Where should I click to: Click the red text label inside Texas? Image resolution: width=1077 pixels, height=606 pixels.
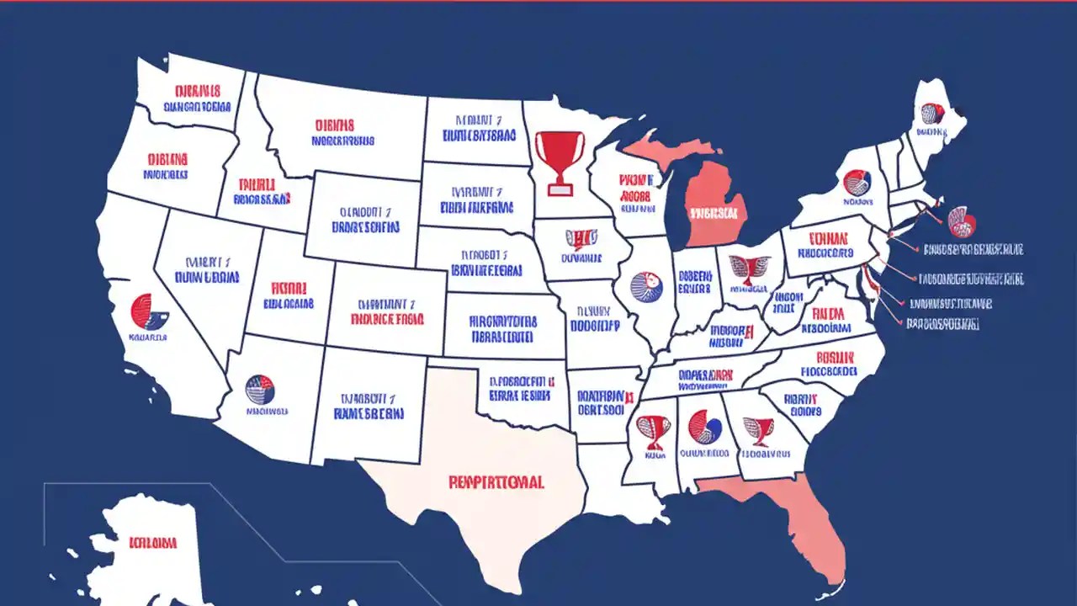click(496, 482)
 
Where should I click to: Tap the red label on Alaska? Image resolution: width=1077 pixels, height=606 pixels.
click(152, 541)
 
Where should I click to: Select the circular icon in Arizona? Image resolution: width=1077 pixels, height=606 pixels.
click(260, 389)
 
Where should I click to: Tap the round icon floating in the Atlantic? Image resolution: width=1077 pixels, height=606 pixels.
click(961, 221)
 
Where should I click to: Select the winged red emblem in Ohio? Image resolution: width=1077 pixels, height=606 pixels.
click(748, 268)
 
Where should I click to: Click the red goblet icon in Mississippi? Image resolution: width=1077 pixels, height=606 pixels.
click(655, 429)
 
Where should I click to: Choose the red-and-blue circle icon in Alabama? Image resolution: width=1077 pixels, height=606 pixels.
click(704, 427)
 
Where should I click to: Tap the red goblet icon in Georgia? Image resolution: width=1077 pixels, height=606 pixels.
click(759, 430)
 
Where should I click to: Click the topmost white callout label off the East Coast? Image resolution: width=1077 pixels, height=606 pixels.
click(973, 249)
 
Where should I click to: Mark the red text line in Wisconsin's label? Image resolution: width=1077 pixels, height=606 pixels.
click(634, 179)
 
